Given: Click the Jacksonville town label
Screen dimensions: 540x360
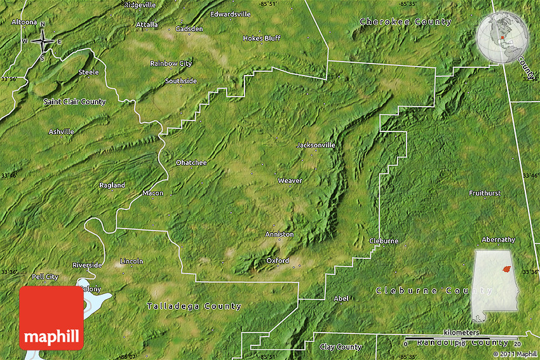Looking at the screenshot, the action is pyautogui.click(x=316, y=145).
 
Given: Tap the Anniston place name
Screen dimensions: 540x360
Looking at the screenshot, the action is pyautogui.click(x=280, y=234).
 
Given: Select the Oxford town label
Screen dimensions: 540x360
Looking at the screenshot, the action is pyautogui.click(x=278, y=260).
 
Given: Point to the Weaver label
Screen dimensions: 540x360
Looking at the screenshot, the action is pyautogui.click(x=290, y=181).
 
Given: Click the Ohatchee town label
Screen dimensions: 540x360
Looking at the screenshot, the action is pyautogui.click(x=191, y=163).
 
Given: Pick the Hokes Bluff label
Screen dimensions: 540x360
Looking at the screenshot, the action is pyautogui.click(x=261, y=38).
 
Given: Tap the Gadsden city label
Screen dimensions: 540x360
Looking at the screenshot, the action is pyautogui.click(x=189, y=29).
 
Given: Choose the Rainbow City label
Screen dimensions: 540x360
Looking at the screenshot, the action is pyautogui.click(x=171, y=63).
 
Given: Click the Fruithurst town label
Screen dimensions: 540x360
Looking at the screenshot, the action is pyautogui.click(x=485, y=193).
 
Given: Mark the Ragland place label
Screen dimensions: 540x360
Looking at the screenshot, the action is pyautogui.click(x=112, y=185).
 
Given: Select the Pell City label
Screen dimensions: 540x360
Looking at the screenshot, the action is pyautogui.click(x=45, y=277).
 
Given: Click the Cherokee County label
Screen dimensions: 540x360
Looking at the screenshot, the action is pyautogui.click(x=405, y=22).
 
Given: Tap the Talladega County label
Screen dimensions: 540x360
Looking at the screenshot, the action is pyautogui.click(x=194, y=306).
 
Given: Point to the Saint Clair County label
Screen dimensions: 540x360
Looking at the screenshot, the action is pyautogui.click(x=74, y=102).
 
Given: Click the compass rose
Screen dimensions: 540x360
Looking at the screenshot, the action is pyautogui.click(x=43, y=41).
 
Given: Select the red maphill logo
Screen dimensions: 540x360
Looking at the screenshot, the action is pyautogui.click(x=51, y=317).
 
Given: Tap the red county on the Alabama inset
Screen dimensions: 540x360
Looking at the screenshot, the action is pyautogui.click(x=506, y=269).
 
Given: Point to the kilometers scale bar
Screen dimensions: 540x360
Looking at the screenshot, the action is pyautogui.click(x=462, y=337).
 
